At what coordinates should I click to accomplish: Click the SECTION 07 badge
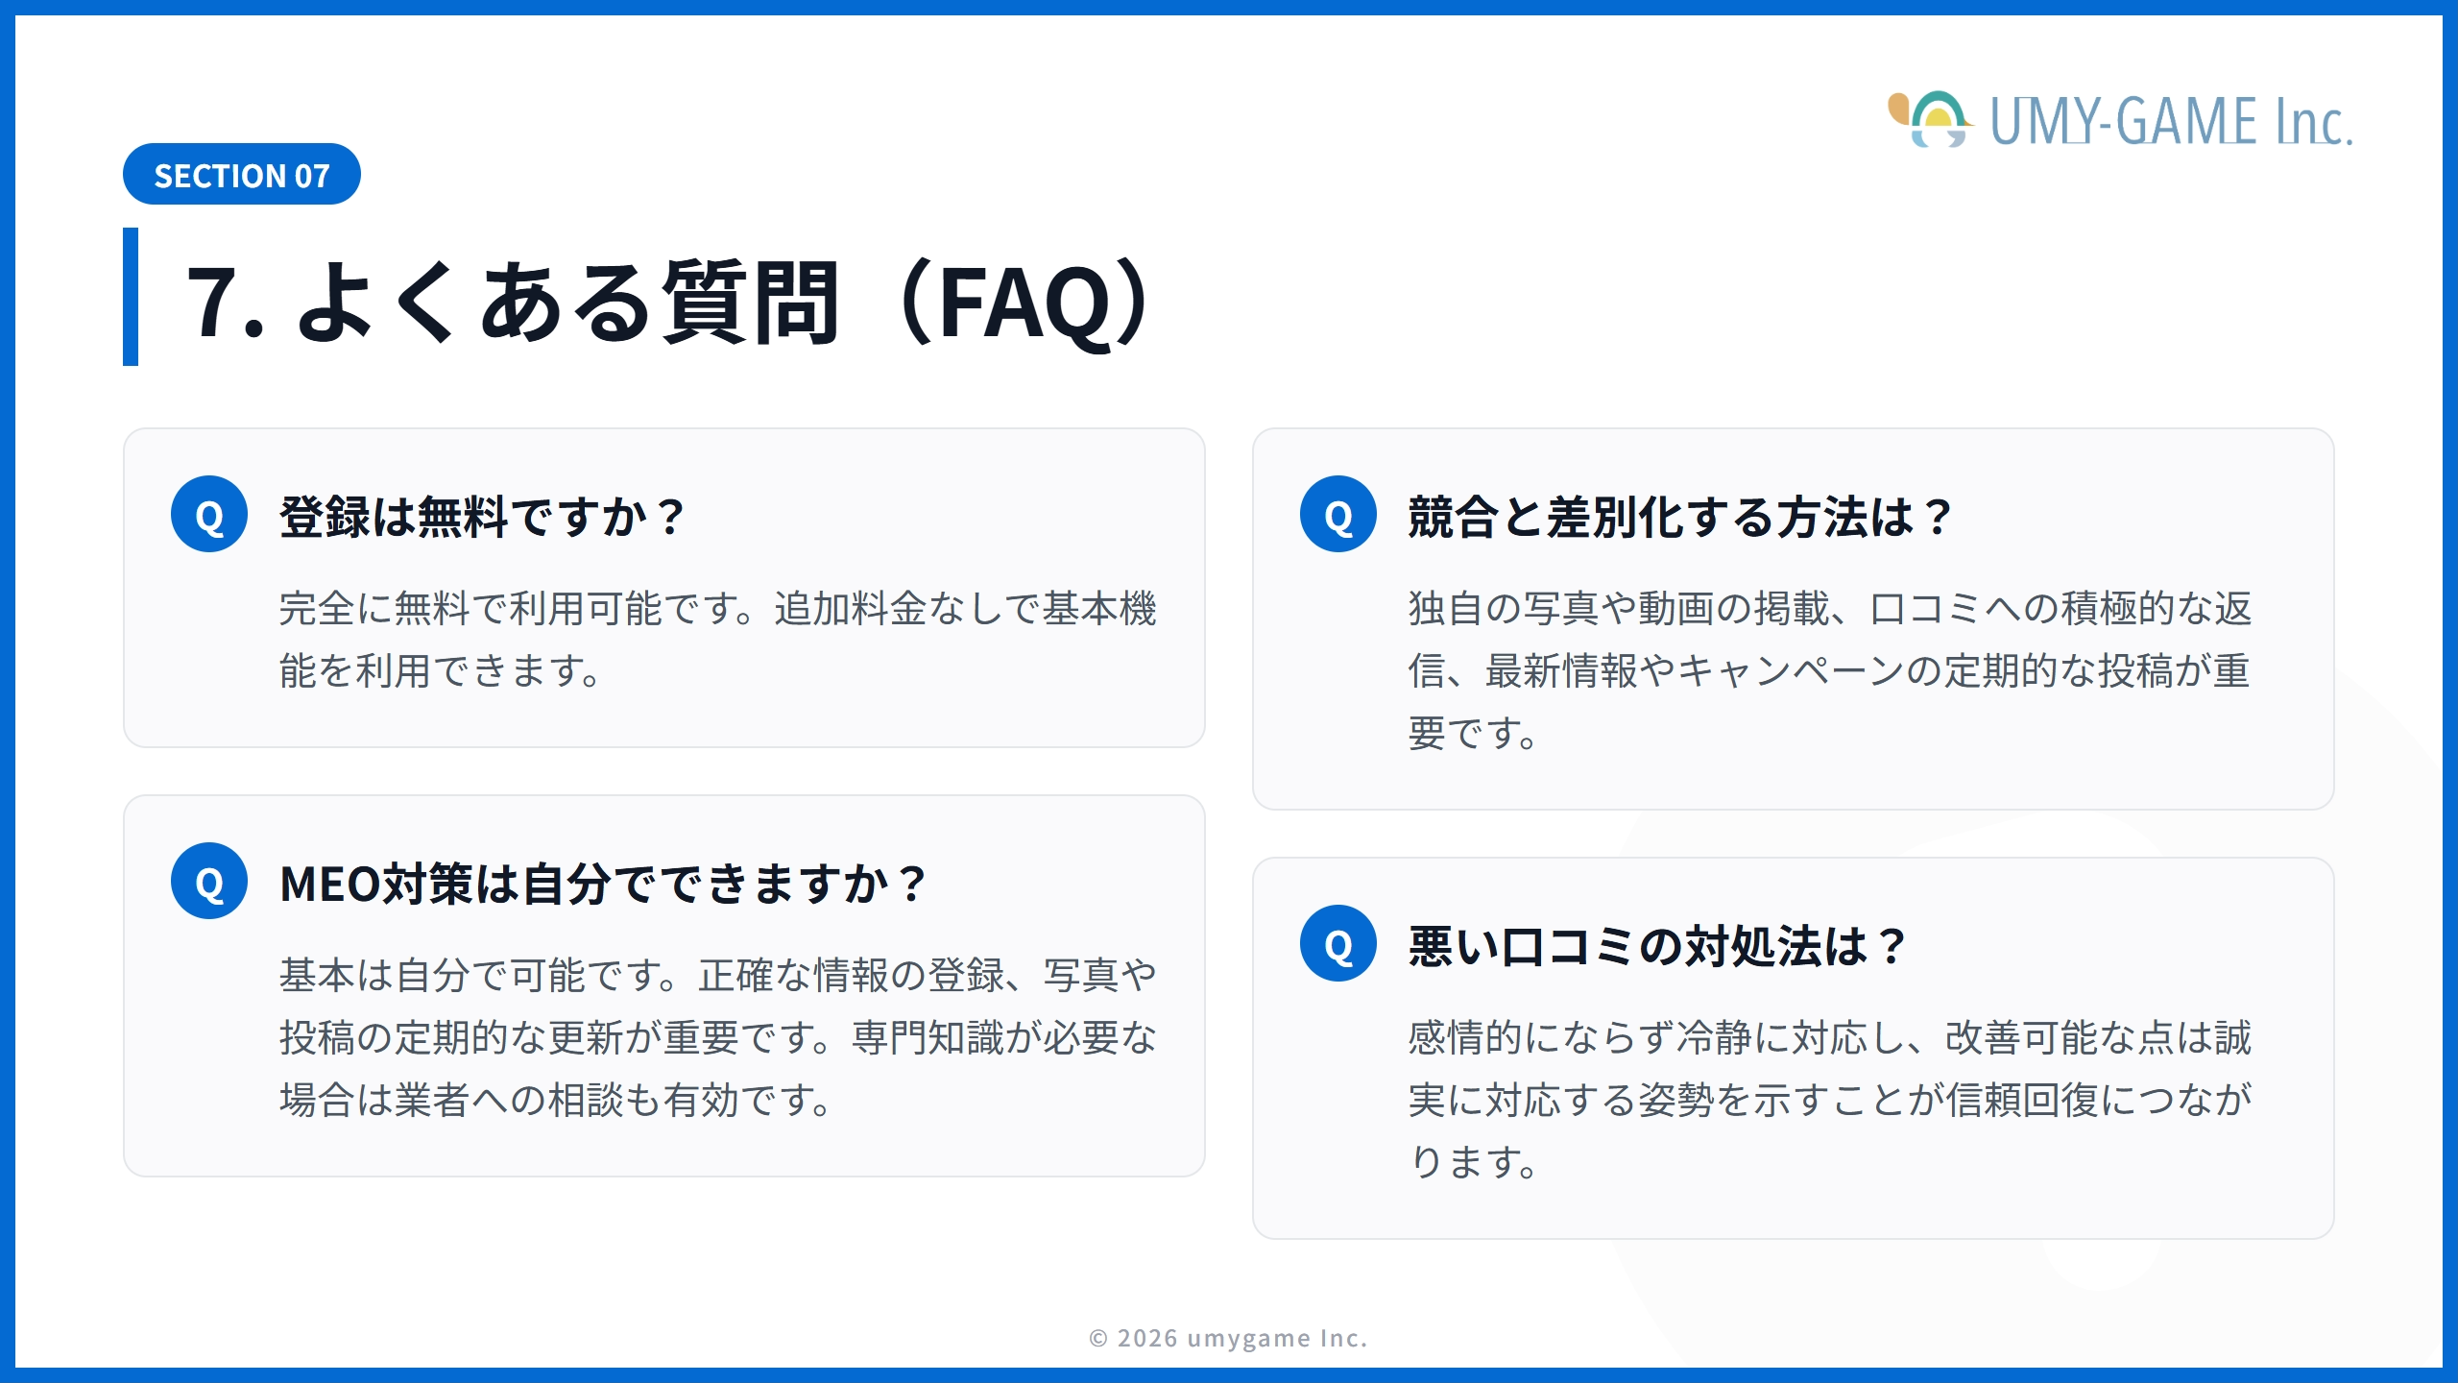coord(241,175)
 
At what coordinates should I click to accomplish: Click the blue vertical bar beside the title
coord(131,297)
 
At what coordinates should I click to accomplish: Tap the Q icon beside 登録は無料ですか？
coord(209,515)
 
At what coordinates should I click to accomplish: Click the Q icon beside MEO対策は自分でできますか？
coord(209,882)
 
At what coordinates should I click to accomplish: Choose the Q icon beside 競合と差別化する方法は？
coord(1337,515)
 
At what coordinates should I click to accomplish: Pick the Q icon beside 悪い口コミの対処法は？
coord(1337,944)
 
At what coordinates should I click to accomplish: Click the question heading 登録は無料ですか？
coord(481,517)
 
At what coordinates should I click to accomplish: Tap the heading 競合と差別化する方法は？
coord(1678,517)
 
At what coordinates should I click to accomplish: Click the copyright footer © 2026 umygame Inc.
coord(1228,1338)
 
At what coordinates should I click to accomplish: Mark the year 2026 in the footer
coord(1147,1338)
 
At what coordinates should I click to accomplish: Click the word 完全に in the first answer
coord(336,609)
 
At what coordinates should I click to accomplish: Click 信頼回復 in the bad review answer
coord(2021,1101)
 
